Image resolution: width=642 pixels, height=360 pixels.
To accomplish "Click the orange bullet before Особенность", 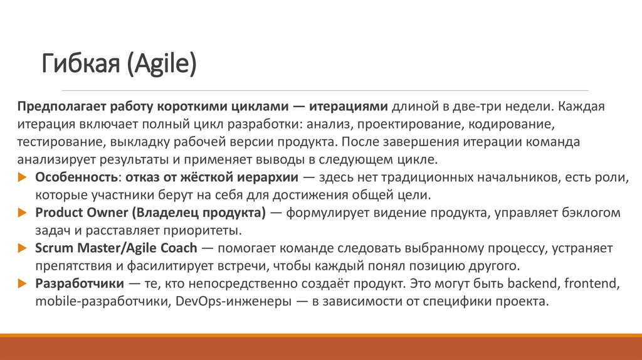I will click(23, 177).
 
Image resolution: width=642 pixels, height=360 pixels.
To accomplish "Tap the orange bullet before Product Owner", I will click(23, 213).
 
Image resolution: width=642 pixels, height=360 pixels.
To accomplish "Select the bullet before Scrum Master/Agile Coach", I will click(23, 248).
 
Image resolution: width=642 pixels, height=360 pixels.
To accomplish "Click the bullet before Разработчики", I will click(23, 283).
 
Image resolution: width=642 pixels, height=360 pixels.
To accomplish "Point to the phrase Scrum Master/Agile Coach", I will click(116, 248).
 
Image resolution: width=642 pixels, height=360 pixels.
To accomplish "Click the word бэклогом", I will click(592, 213).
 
